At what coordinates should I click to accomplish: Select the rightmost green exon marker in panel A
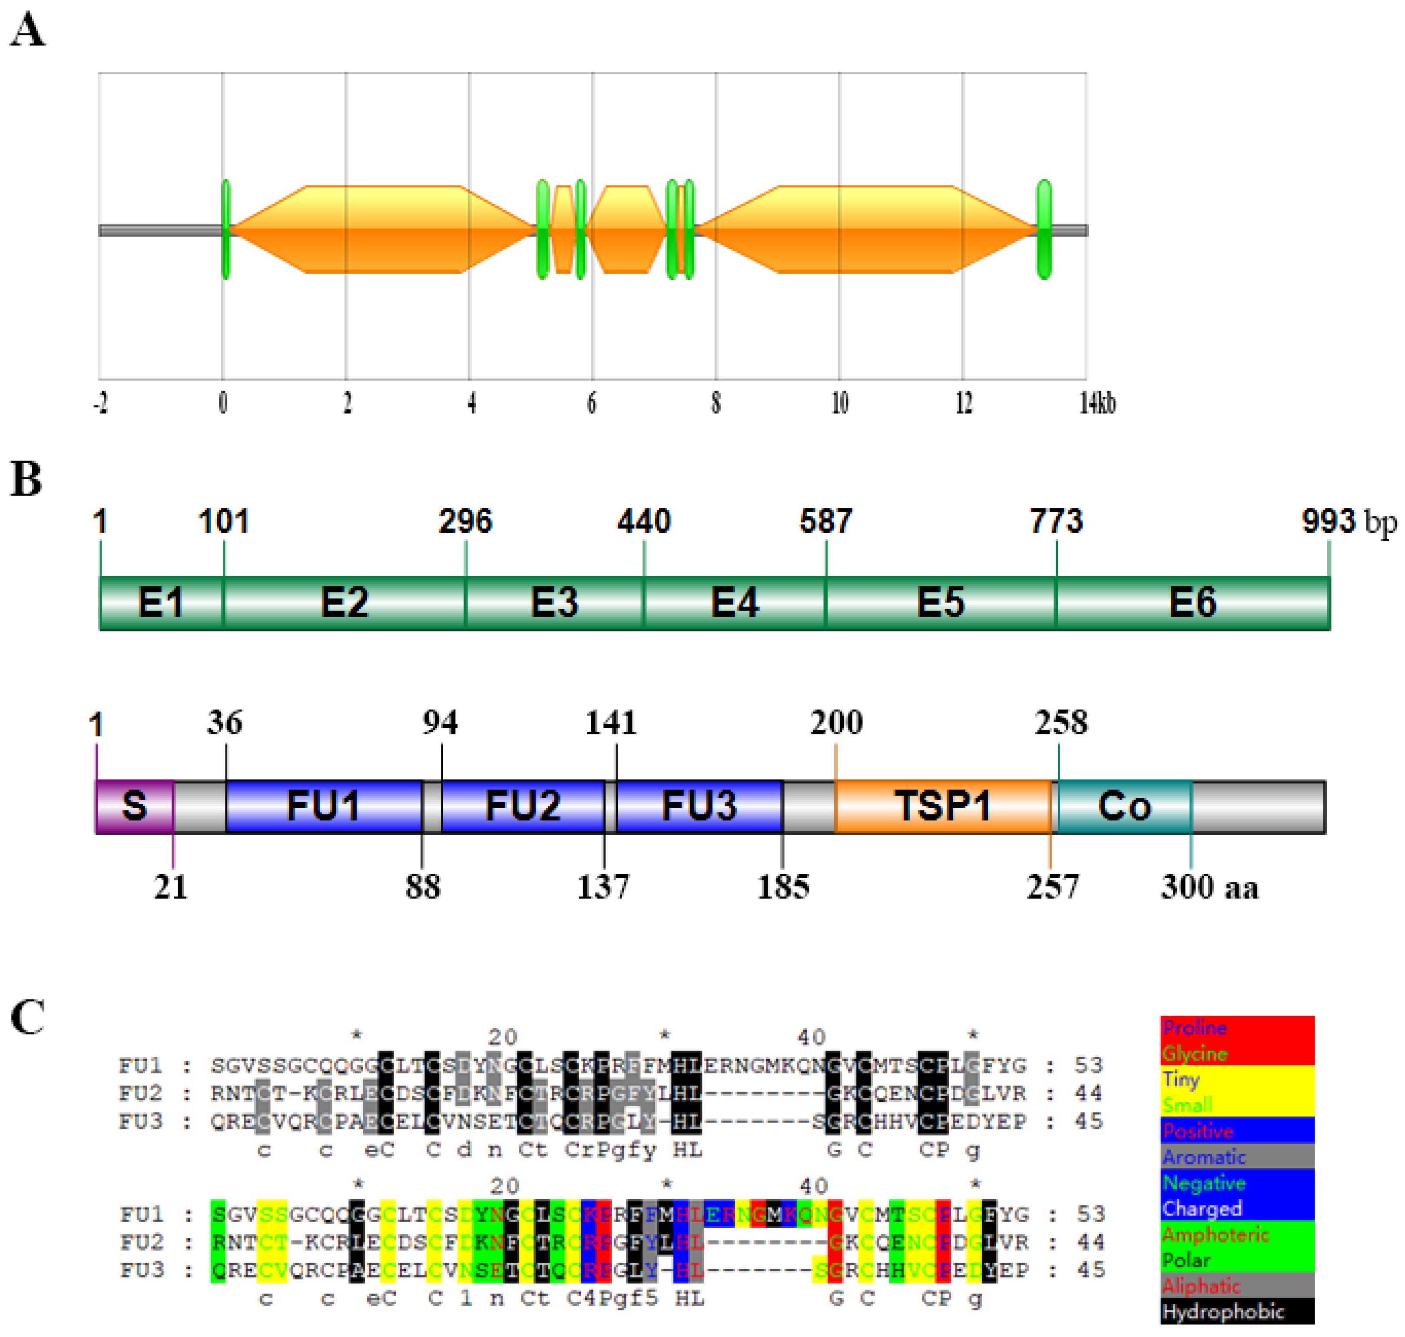coord(1044,229)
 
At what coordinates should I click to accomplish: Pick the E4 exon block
coord(735,603)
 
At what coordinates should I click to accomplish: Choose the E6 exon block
coord(1192,603)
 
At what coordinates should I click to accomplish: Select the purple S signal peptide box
coord(135,806)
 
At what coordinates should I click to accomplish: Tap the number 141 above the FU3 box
coord(610,723)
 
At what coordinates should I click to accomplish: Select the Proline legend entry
coord(1194,1028)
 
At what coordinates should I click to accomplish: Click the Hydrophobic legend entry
coord(1223,1311)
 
